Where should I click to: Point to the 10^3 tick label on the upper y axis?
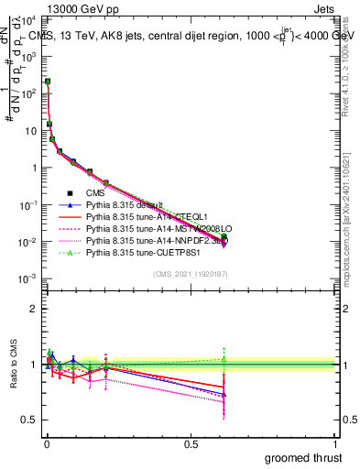pos(31,57)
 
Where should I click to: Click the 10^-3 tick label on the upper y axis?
pos(29,278)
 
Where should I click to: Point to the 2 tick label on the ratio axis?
pos(35,309)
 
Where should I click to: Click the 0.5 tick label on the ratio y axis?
pos(31,420)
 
